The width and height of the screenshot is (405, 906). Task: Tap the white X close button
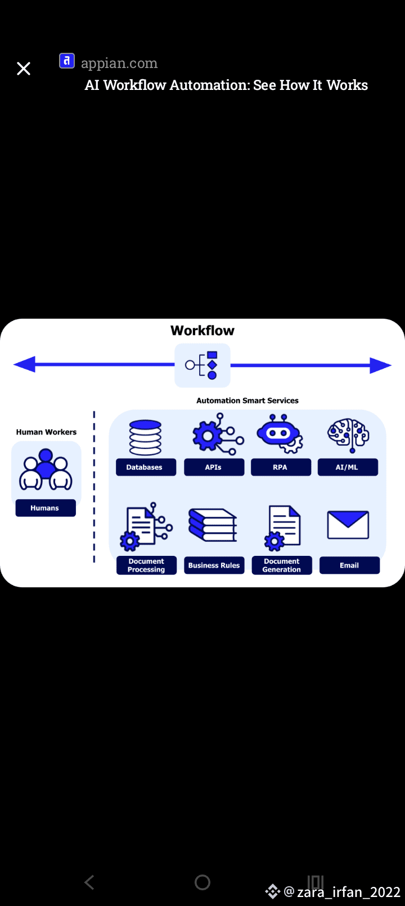click(x=24, y=69)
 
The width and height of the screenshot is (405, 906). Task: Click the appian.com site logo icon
click(x=67, y=61)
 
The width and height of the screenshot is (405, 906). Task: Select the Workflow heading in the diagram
click(x=202, y=330)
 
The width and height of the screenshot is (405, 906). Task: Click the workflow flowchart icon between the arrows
click(x=202, y=365)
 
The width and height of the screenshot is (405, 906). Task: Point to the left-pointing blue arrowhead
click(x=24, y=365)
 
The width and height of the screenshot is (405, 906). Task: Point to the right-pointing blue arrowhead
click(x=380, y=365)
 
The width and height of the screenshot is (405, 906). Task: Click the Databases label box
click(x=146, y=467)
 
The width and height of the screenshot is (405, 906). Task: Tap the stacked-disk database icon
click(x=145, y=437)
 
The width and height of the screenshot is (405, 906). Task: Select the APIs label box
click(x=214, y=467)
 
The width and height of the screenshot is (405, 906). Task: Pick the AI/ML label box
click(x=348, y=467)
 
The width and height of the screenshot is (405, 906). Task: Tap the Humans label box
click(x=45, y=508)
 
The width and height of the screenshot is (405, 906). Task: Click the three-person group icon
click(x=46, y=469)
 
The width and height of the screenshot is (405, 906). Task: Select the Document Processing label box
click(x=146, y=565)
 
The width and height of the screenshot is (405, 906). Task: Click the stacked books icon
click(x=213, y=526)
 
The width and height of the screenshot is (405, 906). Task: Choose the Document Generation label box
click(x=282, y=565)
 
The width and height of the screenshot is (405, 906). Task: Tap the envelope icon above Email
click(x=348, y=525)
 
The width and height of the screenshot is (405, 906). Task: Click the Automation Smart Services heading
click(x=247, y=401)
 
